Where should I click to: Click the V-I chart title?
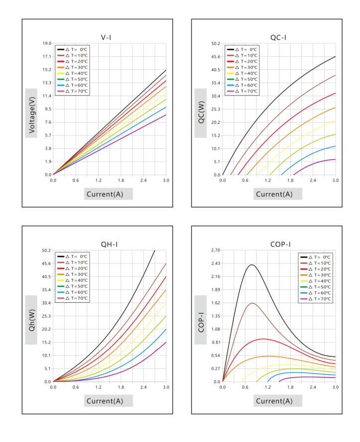coord(106,37)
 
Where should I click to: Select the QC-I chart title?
coord(278,37)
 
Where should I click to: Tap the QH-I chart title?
coord(109,244)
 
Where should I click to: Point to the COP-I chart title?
coord(280,244)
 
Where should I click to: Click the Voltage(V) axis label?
coord(31,113)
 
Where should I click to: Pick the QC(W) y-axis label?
coord(201,113)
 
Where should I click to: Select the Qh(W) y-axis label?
coord(31,320)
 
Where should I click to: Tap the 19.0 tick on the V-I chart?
coord(47,43)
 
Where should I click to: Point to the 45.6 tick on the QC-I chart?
coord(216,57)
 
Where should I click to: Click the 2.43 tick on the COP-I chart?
coord(216,263)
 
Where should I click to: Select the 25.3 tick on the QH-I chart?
coord(46,316)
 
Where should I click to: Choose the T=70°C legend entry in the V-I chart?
coord(73,91)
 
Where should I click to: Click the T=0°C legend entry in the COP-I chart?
coord(316,257)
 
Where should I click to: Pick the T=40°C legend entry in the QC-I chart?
coord(242,73)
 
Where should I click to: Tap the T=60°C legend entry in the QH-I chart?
coord(73,292)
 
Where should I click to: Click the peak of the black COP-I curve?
coord(251,265)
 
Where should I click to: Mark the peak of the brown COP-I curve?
coord(252,303)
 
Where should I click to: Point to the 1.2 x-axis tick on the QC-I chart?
coord(268,180)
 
